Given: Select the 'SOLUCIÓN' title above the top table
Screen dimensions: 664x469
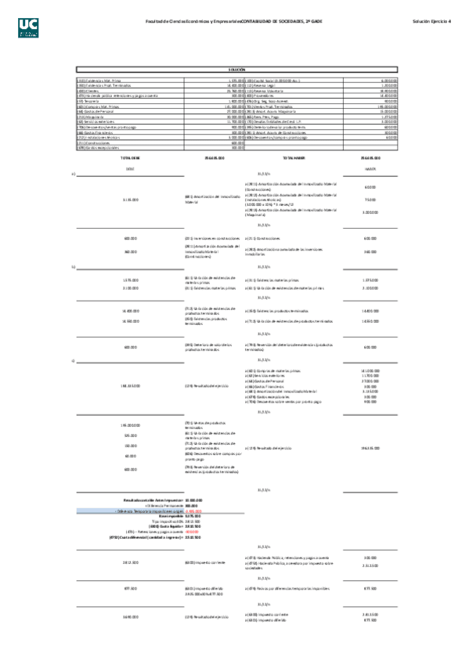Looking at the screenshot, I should [237, 70].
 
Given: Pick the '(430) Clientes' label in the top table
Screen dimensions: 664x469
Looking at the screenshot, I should [87, 90].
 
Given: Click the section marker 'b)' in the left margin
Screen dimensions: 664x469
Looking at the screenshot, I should [73, 267].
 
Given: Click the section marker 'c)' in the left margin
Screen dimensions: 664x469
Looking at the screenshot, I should [73, 360].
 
